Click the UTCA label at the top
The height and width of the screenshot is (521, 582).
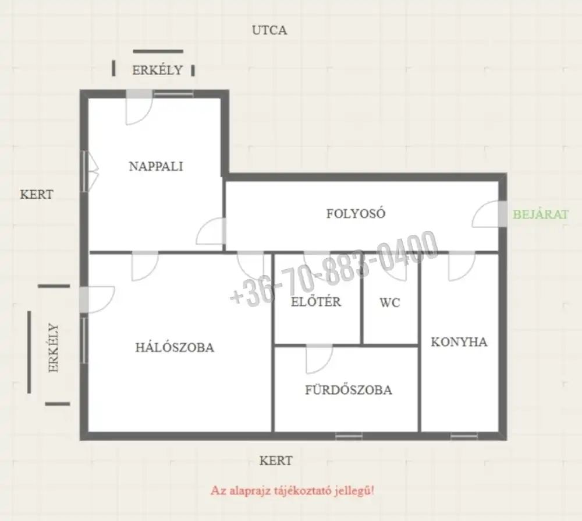(x=269, y=30)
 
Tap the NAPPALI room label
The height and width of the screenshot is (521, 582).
(x=156, y=166)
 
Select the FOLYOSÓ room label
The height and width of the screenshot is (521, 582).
(x=356, y=213)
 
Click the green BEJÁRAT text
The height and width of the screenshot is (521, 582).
(x=541, y=214)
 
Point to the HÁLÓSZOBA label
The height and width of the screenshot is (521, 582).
(x=175, y=347)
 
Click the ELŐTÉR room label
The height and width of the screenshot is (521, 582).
(x=316, y=301)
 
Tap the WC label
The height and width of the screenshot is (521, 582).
(x=390, y=302)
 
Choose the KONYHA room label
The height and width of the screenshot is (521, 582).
(x=459, y=342)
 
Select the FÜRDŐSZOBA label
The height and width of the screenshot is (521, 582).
(x=349, y=390)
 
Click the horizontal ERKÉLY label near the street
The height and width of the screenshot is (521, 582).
(x=158, y=70)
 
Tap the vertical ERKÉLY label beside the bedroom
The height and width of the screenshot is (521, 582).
(x=54, y=348)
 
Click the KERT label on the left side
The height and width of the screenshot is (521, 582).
(x=37, y=194)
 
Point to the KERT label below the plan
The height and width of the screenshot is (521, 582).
(x=276, y=461)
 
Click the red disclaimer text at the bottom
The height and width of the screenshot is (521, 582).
(x=293, y=491)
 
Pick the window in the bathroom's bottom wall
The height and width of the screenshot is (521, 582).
(x=349, y=436)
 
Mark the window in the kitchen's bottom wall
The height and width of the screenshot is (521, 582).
(x=464, y=436)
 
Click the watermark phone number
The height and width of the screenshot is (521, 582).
(x=334, y=268)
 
